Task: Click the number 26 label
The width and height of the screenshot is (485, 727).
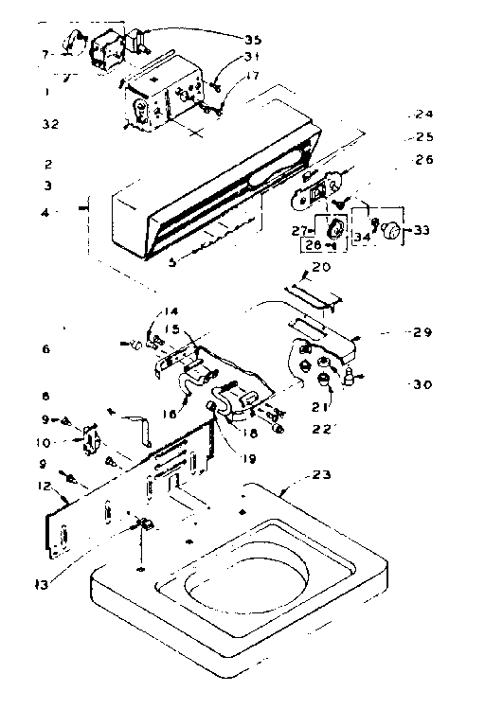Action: (422, 161)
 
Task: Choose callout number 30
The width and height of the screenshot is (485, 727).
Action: (422, 384)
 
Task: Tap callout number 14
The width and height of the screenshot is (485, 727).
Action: (169, 311)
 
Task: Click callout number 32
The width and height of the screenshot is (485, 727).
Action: (48, 123)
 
